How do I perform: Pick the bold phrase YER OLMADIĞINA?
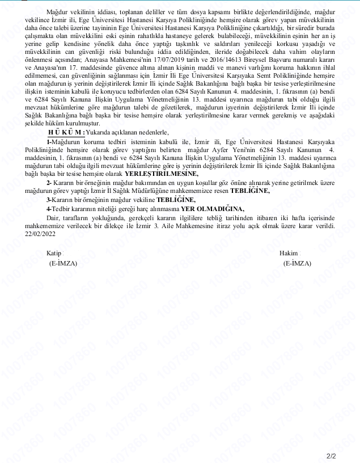[x=212, y=209]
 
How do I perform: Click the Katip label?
[x=54, y=253]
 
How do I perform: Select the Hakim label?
[x=289, y=253]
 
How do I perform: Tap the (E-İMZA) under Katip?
[x=63, y=264]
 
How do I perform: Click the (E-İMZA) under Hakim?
[x=297, y=264]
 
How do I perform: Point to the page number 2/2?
[x=332, y=456]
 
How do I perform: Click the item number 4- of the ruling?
[x=49, y=209]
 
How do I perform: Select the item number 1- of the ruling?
[x=49, y=142]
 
